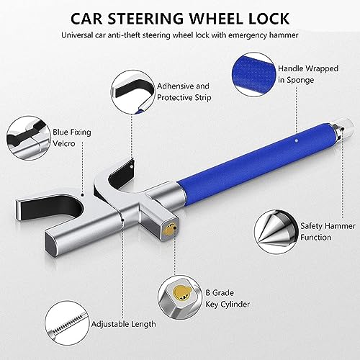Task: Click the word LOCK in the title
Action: coord(269,19)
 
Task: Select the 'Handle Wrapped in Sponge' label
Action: coord(308,74)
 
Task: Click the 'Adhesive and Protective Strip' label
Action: coord(184,91)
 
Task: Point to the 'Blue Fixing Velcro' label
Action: coord(72,138)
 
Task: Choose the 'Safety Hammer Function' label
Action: coord(328,232)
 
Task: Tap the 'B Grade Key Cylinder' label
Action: coord(228,299)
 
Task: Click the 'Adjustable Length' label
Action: coord(123,324)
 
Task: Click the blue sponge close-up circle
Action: coord(254,74)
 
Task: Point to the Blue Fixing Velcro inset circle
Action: coord(29,138)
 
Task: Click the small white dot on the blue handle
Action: coord(297,141)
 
